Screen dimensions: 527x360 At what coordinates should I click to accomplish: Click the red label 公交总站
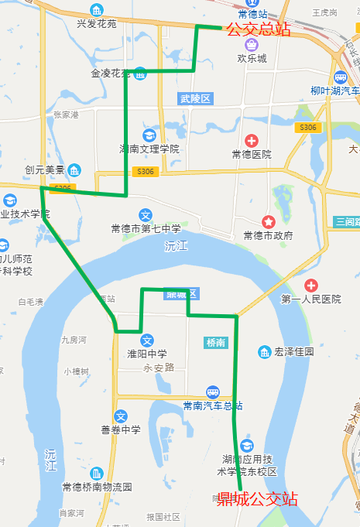pos(259,30)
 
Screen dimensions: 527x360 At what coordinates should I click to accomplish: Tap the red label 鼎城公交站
pos(257,499)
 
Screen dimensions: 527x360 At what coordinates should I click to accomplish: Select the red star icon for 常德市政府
pos(267,221)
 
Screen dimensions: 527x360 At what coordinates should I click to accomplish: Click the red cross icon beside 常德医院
pos(252,140)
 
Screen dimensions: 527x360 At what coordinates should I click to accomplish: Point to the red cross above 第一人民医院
pos(311,286)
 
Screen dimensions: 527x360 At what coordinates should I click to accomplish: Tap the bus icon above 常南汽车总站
pos(212,392)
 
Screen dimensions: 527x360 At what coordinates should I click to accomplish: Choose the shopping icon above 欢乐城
pos(252,44)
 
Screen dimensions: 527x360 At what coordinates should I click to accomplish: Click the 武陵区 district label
pos(195,98)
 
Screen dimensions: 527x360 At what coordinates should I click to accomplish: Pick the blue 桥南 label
pos(216,342)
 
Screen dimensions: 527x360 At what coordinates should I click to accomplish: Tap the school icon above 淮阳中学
pos(147,340)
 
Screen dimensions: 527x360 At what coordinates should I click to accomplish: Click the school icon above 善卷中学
pos(120,416)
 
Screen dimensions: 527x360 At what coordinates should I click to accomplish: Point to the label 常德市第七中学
pos(146,229)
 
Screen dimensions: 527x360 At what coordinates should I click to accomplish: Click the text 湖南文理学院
pos(149,148)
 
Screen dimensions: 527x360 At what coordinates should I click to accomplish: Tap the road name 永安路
pos(159,368)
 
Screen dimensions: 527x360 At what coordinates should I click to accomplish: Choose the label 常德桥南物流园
pos(98,487)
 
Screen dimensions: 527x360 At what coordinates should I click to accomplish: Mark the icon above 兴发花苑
pos(96,10)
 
